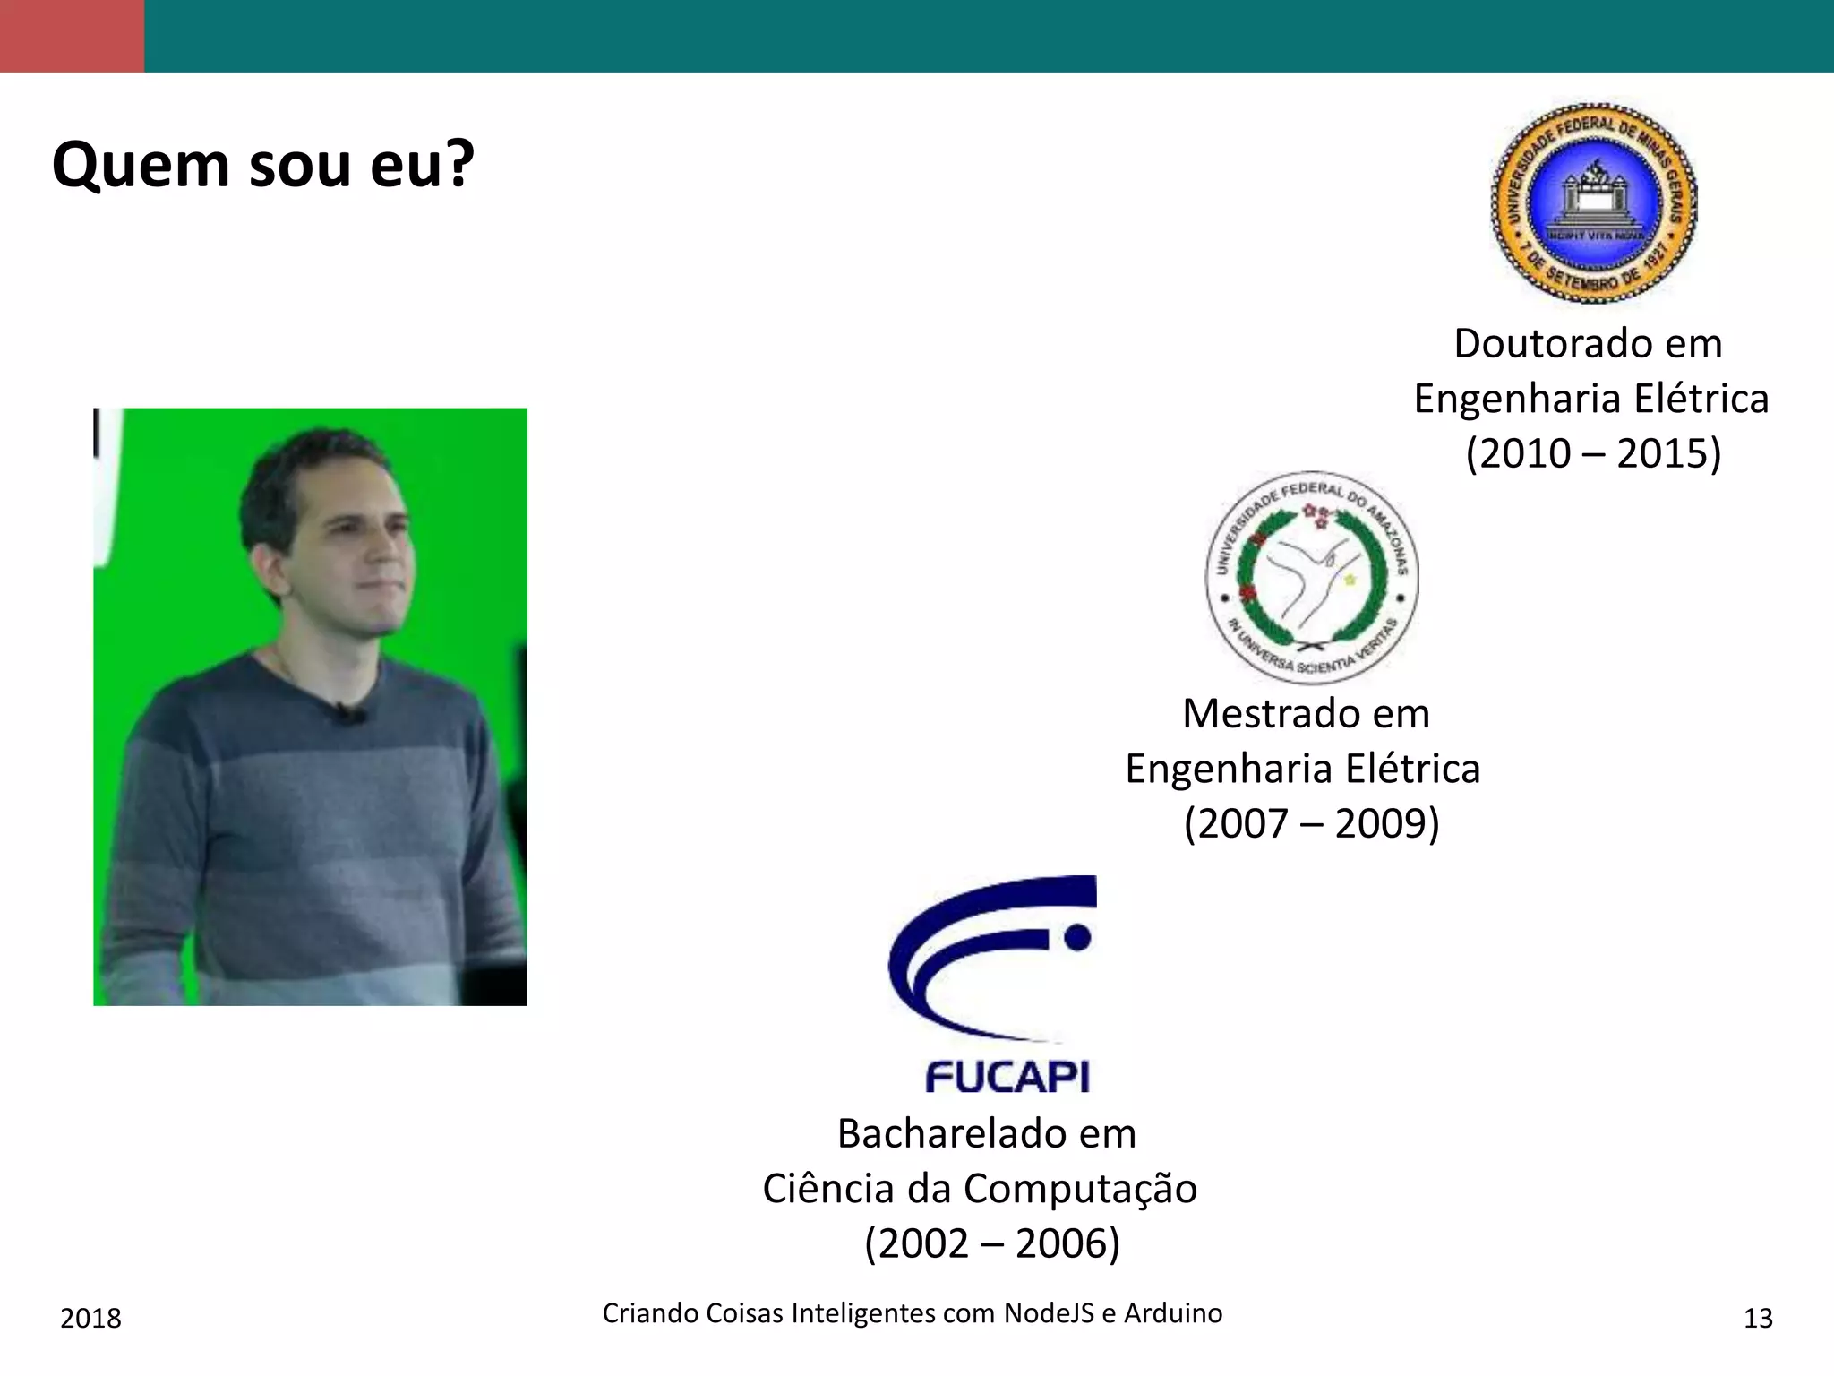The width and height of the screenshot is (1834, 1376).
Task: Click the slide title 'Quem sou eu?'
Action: [x=262, y=165]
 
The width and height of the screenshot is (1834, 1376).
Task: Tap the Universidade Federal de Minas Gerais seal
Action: [x=1593, y=203]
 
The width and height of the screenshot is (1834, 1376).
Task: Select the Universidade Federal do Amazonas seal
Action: [x=1311, y=578]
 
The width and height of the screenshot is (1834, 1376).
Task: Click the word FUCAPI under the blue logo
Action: [x=1007, y=1077]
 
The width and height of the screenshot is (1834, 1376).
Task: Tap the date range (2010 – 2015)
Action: [x=1593, y=453]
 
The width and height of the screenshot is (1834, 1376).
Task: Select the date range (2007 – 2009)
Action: [x=1311, y=823]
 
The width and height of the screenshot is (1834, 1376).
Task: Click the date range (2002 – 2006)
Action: [x=991, y=1243]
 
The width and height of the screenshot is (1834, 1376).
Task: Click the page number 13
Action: [x=1758, y=1318]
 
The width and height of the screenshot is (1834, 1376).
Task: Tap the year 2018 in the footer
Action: [x=90, y=1318]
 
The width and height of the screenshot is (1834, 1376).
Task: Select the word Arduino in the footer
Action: [x=1172, y=1313]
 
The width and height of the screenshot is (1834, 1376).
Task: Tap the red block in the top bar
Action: [x=72, y=36]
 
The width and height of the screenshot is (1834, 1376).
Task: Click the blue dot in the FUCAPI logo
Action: [x=1077, y=937]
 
